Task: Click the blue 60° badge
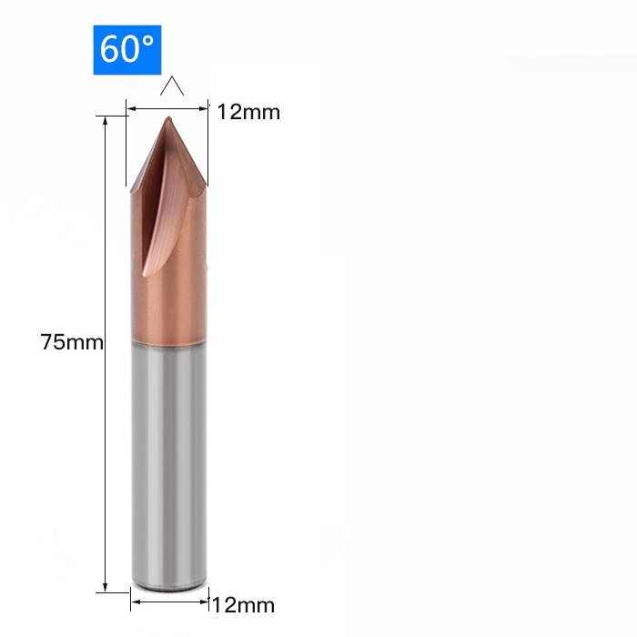pyautogui.click(x=127, y=49)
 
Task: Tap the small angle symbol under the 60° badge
pyautogui.click(x=172, y=87)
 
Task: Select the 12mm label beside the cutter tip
pyautogui.click(x=248, y=112)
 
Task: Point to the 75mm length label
pyautogui.click(x=72, y=342)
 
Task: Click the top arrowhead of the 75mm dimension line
pyautogui.click(x=106, y=121)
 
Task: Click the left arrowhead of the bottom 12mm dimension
pyautogui.click(x=135, y=601)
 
